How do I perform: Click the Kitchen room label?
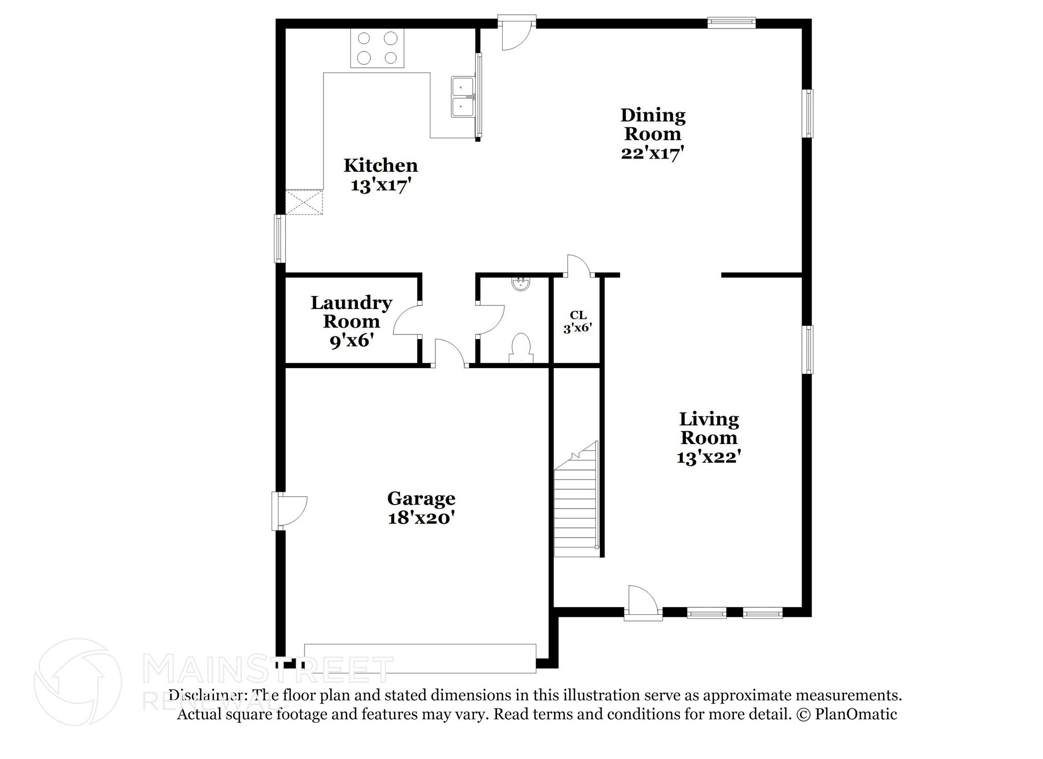(380, 166)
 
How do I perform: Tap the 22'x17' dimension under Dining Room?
(652, 152)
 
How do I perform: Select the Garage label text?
(421, 498)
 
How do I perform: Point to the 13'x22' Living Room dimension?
(708, 457)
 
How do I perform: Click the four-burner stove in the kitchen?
(377, 48)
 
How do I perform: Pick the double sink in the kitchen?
(462, 97)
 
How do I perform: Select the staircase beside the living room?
(575, 505)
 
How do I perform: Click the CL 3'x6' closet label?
(578, 322)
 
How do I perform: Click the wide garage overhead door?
(420, 658)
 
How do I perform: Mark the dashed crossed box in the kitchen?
(304, 202)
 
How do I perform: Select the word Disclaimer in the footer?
(205, 695)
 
